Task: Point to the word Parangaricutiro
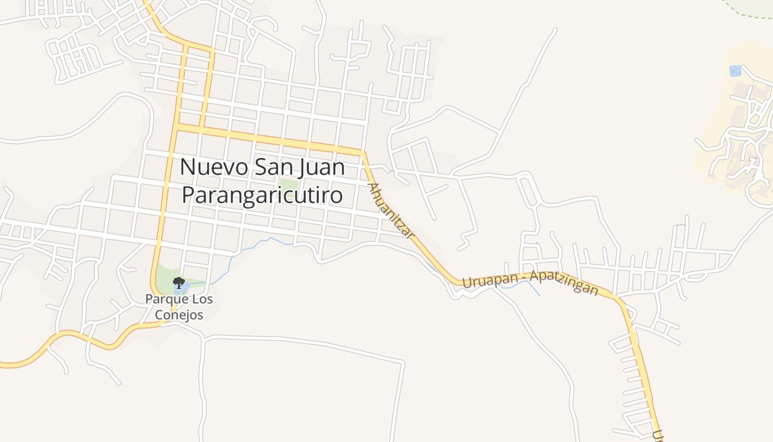[x=262, y=194]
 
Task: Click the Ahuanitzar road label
[x=391, y=211]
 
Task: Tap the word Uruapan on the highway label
[x=489, y=280]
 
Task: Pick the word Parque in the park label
[x=162, y=299]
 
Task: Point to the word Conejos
[x=179, y=315]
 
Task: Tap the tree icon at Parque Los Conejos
[x=178, y=283]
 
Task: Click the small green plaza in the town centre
[x=288, y=184]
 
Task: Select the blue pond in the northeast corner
[x=735, y=71]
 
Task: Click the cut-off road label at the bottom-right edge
[x=657, y=436]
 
